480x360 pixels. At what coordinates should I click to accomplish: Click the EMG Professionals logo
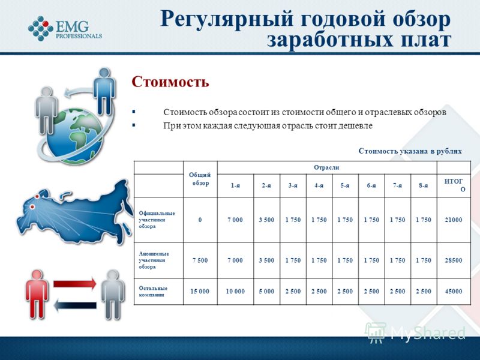(x=65, y=28)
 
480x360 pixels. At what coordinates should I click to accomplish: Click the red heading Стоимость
(x=170, y=82)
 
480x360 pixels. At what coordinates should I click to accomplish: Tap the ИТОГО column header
(x=454, y=185)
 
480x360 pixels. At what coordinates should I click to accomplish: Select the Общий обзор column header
(x=200, y=179)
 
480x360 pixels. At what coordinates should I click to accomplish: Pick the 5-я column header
(x=345, y=185)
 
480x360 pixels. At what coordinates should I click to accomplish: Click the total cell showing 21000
(x=454, y=220)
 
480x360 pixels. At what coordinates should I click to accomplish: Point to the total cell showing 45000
(x=454, y=292)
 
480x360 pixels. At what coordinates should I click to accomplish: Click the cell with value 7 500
(x=200, y=260)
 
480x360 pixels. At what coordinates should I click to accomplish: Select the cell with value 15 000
(x=200, y=292)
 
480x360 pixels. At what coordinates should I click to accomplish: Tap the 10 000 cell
(x=235, y=292)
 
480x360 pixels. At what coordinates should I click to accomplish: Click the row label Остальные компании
(x=153, y=292)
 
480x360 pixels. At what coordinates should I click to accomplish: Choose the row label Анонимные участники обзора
(x=154, y=260)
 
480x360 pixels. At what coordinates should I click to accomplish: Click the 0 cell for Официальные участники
(x=200, y=220)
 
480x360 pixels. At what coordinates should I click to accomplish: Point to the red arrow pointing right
(x=74, y=283)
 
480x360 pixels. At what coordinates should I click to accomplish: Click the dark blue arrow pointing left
(x=74, y=305)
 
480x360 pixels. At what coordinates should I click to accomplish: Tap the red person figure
(x=37, y=295)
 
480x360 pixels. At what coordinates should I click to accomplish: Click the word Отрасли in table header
(x=326, y=167)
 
